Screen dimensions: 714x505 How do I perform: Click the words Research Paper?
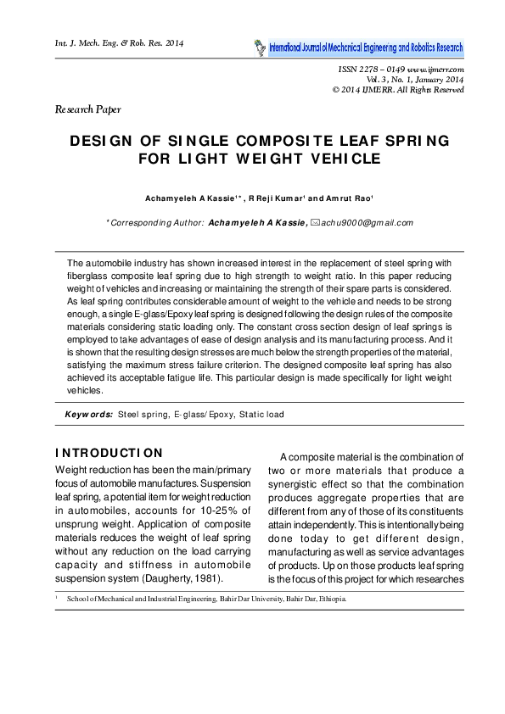pyautogui.click(x=87, y=109)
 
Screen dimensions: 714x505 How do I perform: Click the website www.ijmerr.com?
pyautogui.click(x=435, y=68)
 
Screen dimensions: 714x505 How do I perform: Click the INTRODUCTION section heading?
pyautogui.click(x=108, y=452)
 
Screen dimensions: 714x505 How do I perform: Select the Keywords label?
pyautogui.click(x=89, y=415)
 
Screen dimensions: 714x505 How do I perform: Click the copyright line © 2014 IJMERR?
pyautogui.click(x=398, y=88)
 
